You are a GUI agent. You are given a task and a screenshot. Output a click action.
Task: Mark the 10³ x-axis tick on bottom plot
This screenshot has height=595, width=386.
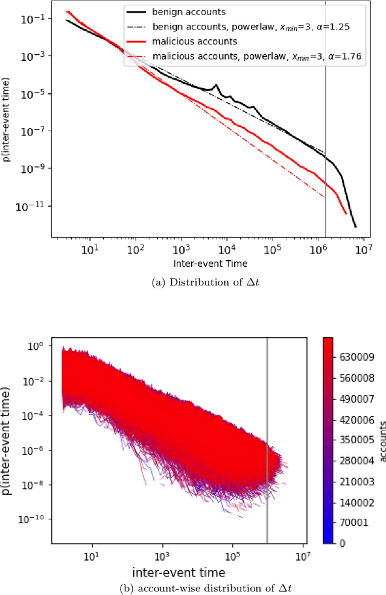coord(162,555)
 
